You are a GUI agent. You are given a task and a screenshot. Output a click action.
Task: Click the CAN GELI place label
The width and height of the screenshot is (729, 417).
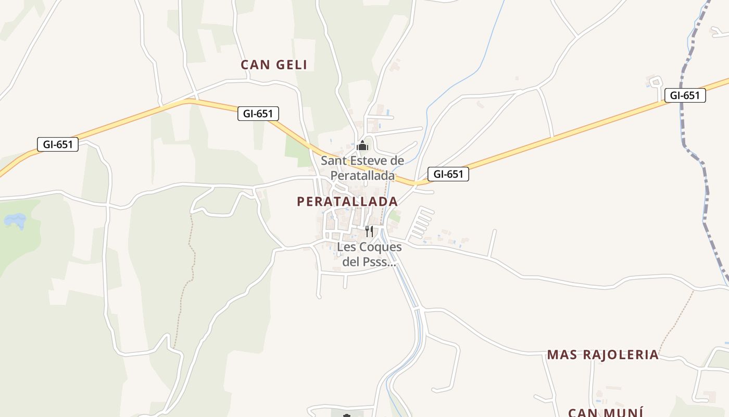(x=274, y=65)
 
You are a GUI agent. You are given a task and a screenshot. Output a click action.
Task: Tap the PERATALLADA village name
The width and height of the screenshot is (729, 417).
(x=347, y=201)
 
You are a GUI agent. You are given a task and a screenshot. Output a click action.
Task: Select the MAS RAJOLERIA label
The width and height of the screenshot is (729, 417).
(x=602, y=355)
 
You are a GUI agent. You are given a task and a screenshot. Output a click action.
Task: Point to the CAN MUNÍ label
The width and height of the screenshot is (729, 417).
(x=606, y=412)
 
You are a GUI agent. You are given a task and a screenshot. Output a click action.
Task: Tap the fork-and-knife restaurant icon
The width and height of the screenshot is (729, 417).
(x=369, y=231)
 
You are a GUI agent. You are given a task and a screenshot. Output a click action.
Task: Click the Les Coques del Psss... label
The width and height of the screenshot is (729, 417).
(x=369, y=254)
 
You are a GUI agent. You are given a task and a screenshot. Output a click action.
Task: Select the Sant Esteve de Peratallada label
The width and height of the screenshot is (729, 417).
(x=362, y=168)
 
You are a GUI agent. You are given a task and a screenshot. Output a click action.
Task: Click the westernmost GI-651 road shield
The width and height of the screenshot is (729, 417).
(x=58, y=144)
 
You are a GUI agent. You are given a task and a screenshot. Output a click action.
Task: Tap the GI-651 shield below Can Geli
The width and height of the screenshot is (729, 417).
(x=258, y=113)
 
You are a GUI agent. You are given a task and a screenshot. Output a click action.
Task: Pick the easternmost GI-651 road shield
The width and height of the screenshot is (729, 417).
(x=685, y=95)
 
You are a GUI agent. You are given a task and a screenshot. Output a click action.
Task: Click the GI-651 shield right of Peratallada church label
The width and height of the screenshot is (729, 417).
(x=448, y=174)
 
